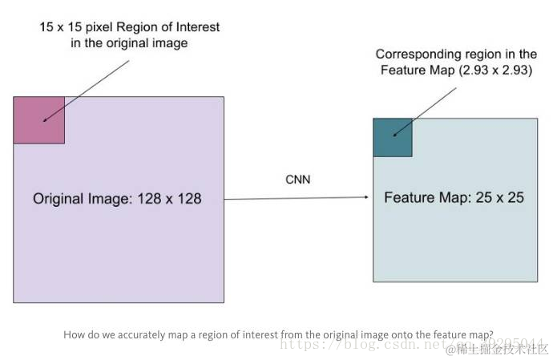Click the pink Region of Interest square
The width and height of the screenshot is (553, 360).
pyautogui.click(x=38, y=120)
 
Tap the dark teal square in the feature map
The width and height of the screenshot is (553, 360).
pyautogui.click(x=392, y=137)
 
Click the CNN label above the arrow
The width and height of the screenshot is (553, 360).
pyautogui.click(x=297, y=180)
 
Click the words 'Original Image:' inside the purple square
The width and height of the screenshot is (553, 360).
pyautogui.click(x=79, y=198)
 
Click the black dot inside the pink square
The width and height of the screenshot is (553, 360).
pyautogui.click(x=44, y=121)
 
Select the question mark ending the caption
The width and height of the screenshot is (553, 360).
pyautogui.click(x=490, y=334)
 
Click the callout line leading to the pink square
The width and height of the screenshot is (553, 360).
pyautogui.click(x=88, y=88)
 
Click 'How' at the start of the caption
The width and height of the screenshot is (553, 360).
pyautogui.click(x=72, y=334)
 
